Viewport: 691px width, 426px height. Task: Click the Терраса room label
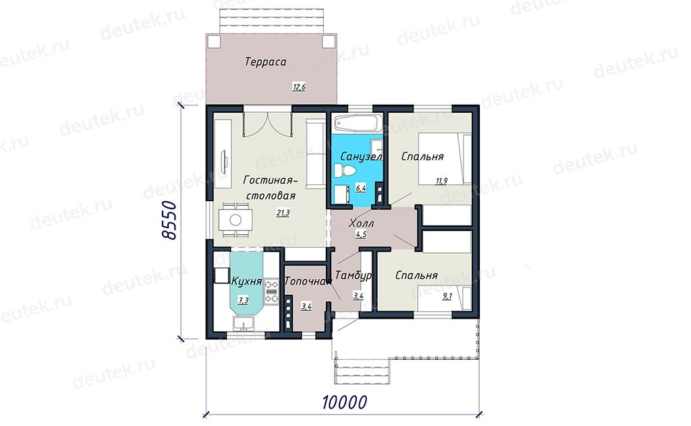point(265,61)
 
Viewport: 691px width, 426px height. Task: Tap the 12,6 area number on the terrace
point(299,87)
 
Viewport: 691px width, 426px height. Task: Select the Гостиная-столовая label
point(271,188)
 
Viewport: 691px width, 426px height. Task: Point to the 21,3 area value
point(283,213)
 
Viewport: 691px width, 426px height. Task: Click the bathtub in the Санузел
point(355,123)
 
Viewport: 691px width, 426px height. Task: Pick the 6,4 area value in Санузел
point(360,188)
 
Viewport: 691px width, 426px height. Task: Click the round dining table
point(236,219)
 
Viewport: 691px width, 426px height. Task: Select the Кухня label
point(247,281)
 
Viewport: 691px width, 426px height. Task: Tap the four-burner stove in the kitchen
point(271,292)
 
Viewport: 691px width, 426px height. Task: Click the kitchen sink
point(243,323)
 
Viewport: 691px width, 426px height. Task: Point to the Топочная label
point(308,282)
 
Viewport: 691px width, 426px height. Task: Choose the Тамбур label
point(353,275)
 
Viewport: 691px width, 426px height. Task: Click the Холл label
point(362,223)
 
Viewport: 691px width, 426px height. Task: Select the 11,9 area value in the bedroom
point(441,180)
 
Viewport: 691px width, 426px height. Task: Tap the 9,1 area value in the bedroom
point(447,296)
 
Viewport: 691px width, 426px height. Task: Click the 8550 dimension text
point(169,221)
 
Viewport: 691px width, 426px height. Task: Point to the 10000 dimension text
point(344,402)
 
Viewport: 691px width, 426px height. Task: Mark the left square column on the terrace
point(214,41)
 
